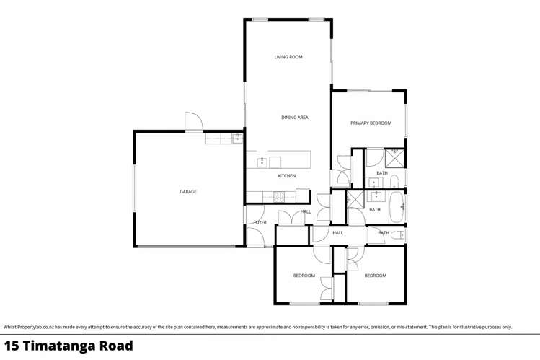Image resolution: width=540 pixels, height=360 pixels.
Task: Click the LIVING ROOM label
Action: point(288,57)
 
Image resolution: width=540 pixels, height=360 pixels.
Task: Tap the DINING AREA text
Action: point(295,117)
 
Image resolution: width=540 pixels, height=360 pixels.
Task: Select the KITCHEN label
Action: point(286,176)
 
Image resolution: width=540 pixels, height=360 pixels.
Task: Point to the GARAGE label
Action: point(188,192)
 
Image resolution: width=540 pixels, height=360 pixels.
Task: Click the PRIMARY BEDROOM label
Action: point(371,123)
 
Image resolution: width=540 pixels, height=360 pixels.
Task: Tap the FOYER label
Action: point(260,223)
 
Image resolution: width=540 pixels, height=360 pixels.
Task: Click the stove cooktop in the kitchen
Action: point(279,196)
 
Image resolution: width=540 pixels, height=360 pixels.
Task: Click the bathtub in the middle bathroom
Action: point(397,208)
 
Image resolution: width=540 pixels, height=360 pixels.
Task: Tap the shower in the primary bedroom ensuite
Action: point(395,158)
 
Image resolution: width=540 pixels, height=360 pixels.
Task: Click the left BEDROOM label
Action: point(304,276)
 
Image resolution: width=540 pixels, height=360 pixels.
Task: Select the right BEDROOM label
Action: point(375,276)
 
